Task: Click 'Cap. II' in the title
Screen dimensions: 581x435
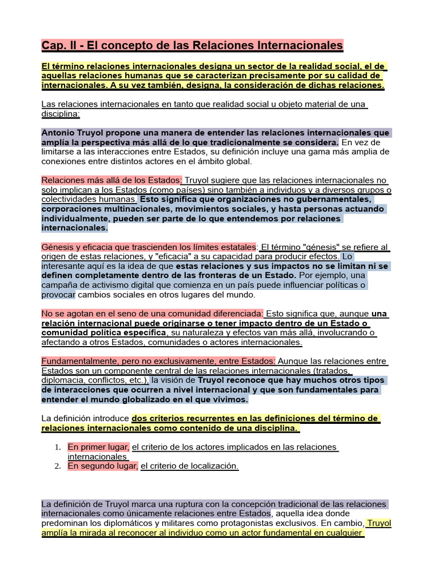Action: click(x=58, y=45)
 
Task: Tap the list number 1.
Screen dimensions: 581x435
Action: click(x=58, y=447)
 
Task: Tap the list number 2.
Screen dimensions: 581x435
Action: click(x=58, y=466)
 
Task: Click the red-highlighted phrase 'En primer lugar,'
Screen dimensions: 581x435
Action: click(x=99, y=447)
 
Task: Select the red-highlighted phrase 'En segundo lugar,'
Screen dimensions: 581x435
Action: click(x=103, y=466)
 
